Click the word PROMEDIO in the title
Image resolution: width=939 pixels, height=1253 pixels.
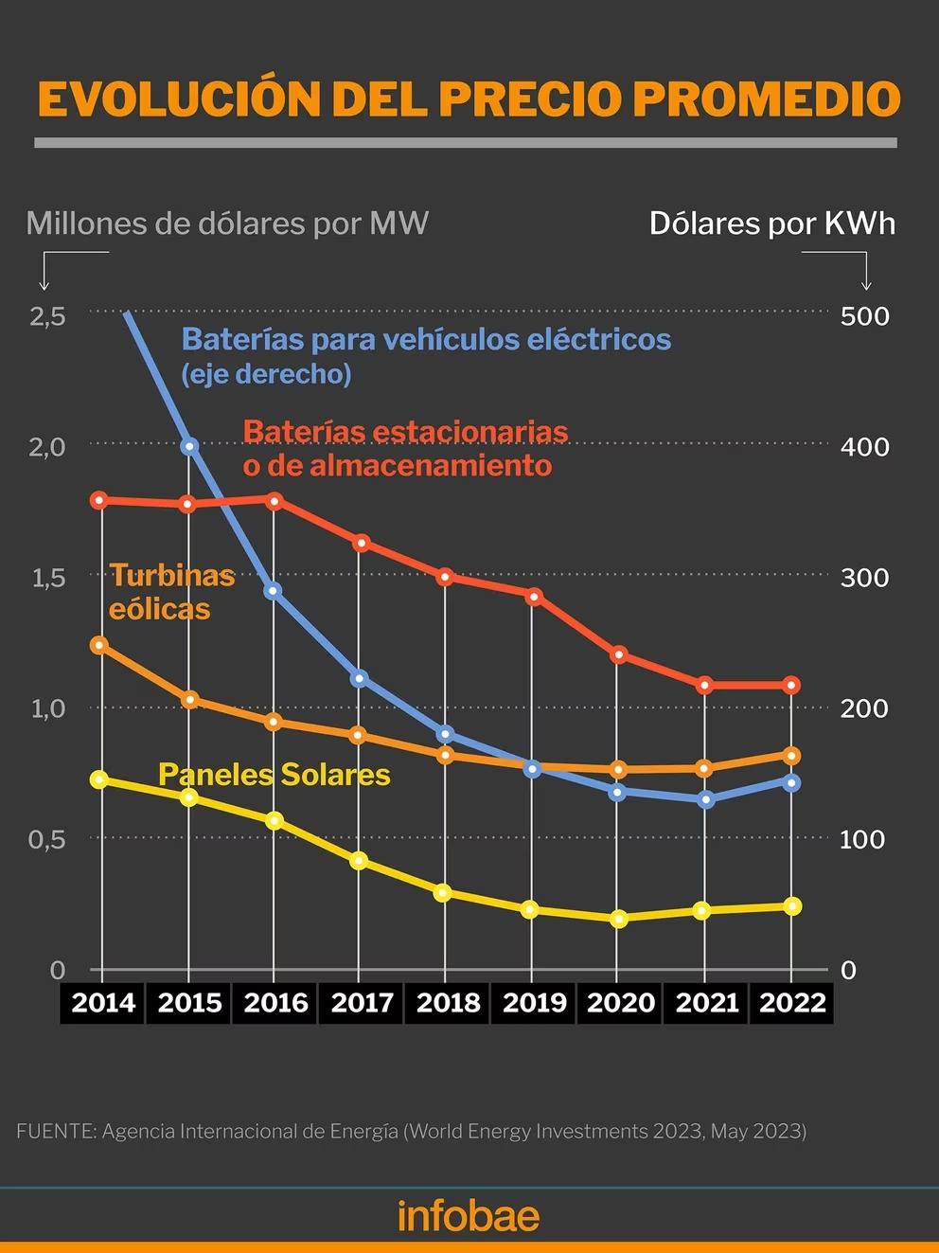click(x=767, y=99)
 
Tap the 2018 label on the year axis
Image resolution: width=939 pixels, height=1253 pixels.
click(x=448, y=1002)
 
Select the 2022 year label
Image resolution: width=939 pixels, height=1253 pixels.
click(x=792, y=1002)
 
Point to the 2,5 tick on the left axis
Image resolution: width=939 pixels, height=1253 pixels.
click(x=47, y=316)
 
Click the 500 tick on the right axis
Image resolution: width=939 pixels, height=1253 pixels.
click(x=864, y=316)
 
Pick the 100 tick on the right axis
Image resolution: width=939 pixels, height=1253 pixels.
click(x=861, y=839)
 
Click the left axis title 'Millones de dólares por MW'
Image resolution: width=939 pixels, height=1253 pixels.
click(x=227, y=224)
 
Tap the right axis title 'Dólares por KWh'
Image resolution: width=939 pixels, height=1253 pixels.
click(x=771, y=224)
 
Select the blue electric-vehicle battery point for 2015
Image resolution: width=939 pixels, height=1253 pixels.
click(x=188, y=446)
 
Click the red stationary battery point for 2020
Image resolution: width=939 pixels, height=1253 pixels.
click(x=619, y=654)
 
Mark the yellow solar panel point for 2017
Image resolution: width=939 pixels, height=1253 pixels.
click(x=359, y=861)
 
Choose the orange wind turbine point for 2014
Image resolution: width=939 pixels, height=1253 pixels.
click(x=98, y=645)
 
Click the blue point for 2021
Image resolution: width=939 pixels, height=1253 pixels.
click(x=705, y=799)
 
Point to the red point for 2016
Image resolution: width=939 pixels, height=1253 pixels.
click(x=274, y=500)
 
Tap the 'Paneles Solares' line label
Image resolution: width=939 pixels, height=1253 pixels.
click(x=274, y=775)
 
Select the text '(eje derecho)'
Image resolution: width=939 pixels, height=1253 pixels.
click(x=266, y=374)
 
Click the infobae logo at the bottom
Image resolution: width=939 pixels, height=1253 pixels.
click(x=469, y=1215)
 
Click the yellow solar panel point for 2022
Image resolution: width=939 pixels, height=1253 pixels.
click(x=792, y=906)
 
